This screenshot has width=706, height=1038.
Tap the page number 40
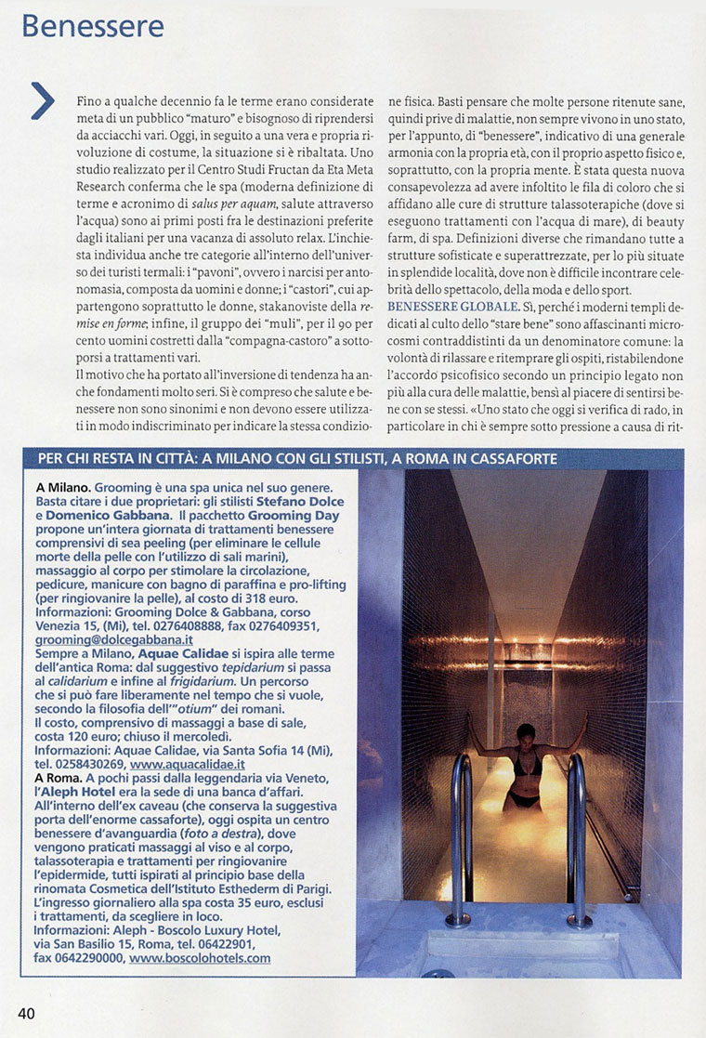click(25, 1013)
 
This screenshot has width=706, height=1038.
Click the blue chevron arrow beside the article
click(43, 100)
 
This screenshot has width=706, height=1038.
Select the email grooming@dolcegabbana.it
click(114, 640)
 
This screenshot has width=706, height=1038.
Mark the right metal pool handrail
click(578, 836)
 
